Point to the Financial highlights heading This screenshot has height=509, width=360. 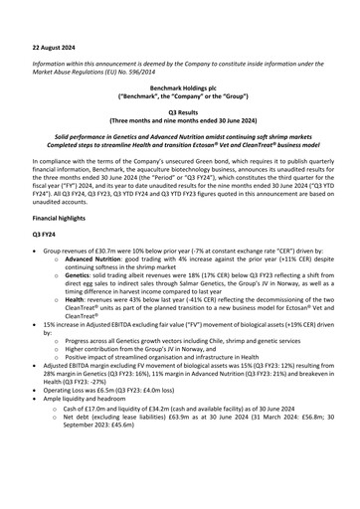coord(60,215)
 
